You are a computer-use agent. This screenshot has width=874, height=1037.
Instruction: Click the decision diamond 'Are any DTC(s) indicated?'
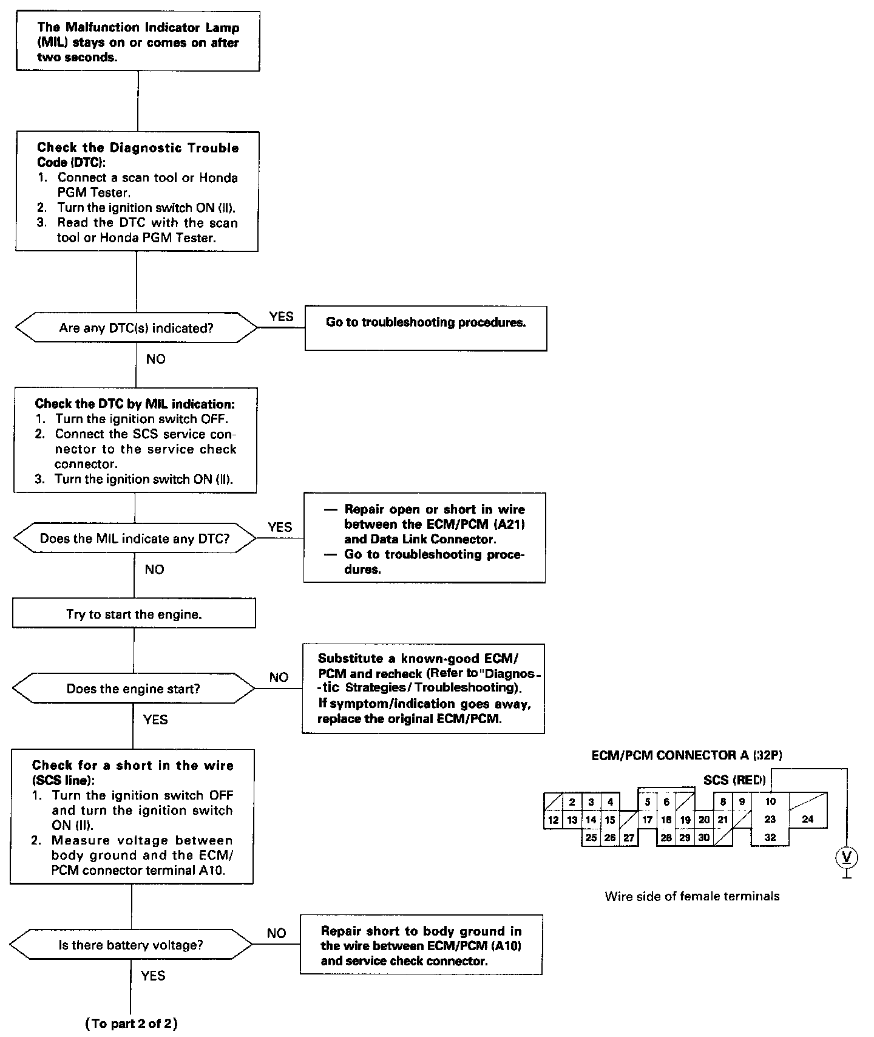[x=136, y=328]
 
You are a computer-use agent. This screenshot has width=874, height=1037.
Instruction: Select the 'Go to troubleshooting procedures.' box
[x=425, y=328]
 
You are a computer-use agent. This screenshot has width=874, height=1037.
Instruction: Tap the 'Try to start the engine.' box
[x=134, y=614]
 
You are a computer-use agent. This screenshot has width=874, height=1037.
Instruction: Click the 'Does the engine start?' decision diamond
[x=134, y=688]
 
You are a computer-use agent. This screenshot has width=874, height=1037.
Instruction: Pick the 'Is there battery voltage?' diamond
[x=130, y=945]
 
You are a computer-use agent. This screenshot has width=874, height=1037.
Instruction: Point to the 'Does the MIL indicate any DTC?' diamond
[x=135, y=539]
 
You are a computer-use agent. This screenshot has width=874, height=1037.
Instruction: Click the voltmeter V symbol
[x=847, y=857]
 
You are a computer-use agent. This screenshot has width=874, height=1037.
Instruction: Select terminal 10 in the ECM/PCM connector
[x=770, y=801]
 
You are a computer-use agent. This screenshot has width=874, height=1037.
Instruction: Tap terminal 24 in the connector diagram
[x=807, y=819]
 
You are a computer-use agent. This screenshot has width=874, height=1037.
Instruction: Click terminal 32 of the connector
[x=770, y=837]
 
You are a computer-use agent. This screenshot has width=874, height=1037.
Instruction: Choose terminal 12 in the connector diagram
[x=553, y=820]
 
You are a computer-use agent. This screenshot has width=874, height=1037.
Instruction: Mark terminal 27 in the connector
[x=629, y=838]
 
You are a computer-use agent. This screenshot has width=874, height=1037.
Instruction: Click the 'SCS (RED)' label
[x=734, y=780]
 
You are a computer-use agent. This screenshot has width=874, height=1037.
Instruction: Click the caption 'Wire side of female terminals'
[x=692, y=896]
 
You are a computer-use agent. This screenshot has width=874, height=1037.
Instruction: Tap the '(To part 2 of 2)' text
[x=132, y=1024]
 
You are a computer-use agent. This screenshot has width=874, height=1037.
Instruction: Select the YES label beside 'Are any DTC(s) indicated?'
[x=281, y=316]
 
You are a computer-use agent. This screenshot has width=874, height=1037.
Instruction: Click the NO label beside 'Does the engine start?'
[x=279, y=677]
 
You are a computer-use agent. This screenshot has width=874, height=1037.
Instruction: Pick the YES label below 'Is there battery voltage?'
[x=153, y=975]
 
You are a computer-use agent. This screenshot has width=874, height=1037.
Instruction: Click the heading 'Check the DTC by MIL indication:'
[x=135, y=404]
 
